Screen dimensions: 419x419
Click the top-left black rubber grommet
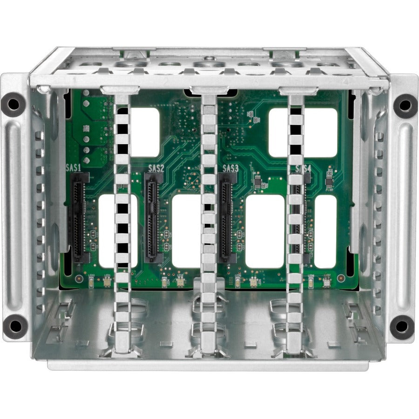tap(13, 105)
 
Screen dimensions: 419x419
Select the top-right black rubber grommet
tap(405, 106)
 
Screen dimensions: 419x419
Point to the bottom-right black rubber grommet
tap(402, 327)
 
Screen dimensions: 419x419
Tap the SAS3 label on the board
tap(230, 168)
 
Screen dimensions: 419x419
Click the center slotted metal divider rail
tap(209, 223)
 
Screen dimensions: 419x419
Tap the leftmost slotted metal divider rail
tap(122, 223)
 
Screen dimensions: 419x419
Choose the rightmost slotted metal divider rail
tap(295, 223)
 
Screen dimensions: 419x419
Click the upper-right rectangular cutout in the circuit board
tap(304, 133)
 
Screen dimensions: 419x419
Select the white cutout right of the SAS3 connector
tap(264, 231)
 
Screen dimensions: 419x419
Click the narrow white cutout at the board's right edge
tap(325, 231)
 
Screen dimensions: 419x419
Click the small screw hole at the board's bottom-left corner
tap(79, 279)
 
